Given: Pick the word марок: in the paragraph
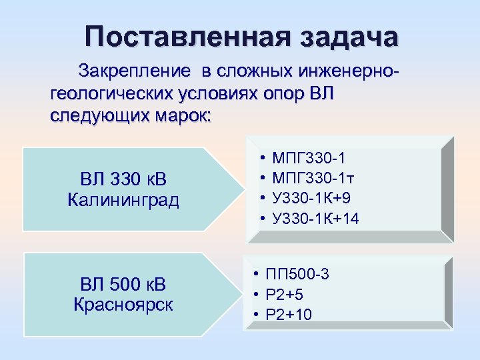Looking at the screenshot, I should [179, 115].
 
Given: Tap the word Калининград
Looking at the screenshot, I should [123, 200].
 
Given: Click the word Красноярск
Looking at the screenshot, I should [123, 305].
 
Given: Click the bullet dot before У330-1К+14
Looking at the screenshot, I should [263, 218].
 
